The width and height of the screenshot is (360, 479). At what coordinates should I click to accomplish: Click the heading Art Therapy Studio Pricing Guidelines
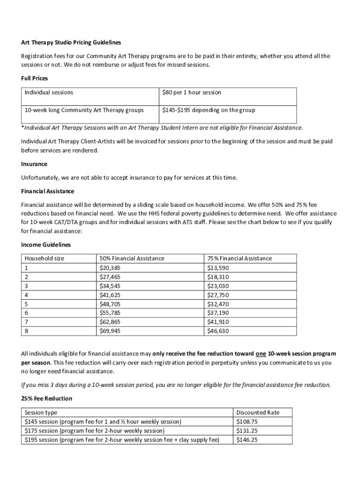[x=71, y=43]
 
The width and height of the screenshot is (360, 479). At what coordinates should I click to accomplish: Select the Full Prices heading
[x=35, y=78]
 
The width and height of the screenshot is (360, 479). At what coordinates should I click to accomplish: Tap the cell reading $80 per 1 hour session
[x=192, y=93]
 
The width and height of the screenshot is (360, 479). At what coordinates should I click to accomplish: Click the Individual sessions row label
[x=49, y=93]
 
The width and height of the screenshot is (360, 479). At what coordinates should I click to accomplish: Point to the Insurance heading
[x=34, y=164]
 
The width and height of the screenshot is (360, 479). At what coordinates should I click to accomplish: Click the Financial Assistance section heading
[x=48, y=191]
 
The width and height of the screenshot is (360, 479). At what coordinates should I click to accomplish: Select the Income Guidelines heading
[x=46, y=245]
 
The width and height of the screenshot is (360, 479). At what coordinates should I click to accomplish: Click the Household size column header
[x=44, y=258]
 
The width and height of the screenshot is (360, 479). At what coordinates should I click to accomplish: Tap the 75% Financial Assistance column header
[x=239, y=258]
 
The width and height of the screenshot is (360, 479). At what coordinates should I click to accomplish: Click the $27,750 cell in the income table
[x=218, y=295]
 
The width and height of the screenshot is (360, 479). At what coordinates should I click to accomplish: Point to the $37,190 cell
[x=218, y=313]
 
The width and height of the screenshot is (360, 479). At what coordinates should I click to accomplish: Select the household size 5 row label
[x=27, y=304]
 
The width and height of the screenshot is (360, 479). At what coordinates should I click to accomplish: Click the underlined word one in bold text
[x=261, y=354]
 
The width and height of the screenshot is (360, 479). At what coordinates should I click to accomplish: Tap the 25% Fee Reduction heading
[x=47, y=399]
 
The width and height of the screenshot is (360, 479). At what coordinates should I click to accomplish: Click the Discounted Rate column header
[x=258, y=413]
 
